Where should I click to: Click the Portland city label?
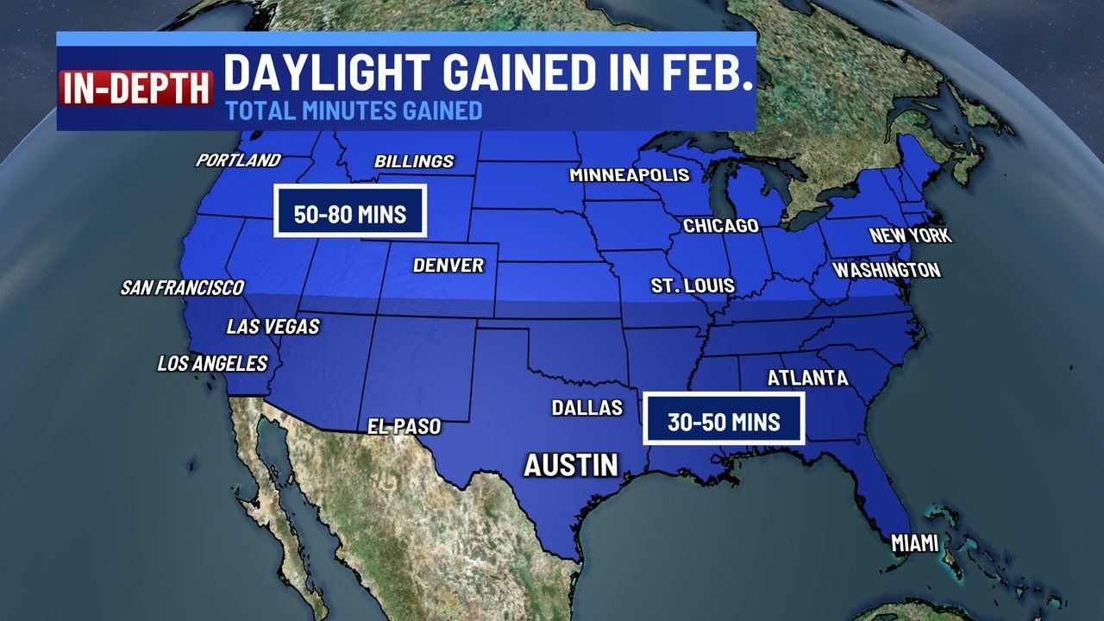[238, 160]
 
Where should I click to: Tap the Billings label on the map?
[414, 161]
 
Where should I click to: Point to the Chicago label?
[721, 226]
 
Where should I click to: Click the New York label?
[910, 235]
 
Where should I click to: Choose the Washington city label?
[887, 270]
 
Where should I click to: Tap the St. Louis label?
[693, 285]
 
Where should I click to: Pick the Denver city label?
[448, 266]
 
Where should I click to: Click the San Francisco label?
[182, 287]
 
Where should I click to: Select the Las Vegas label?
[273, 327]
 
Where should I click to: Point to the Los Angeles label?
[212, 364]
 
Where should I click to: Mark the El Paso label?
[404, 426]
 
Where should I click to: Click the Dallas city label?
[587, 407]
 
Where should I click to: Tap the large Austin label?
[572, 466]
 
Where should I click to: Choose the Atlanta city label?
[807, 378]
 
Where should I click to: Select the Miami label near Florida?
[914, 543]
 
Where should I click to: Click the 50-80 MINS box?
[350, 211]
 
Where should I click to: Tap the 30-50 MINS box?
[724, 420]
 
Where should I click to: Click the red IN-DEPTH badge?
[136, 88]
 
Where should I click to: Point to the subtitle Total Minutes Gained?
[354, 110]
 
